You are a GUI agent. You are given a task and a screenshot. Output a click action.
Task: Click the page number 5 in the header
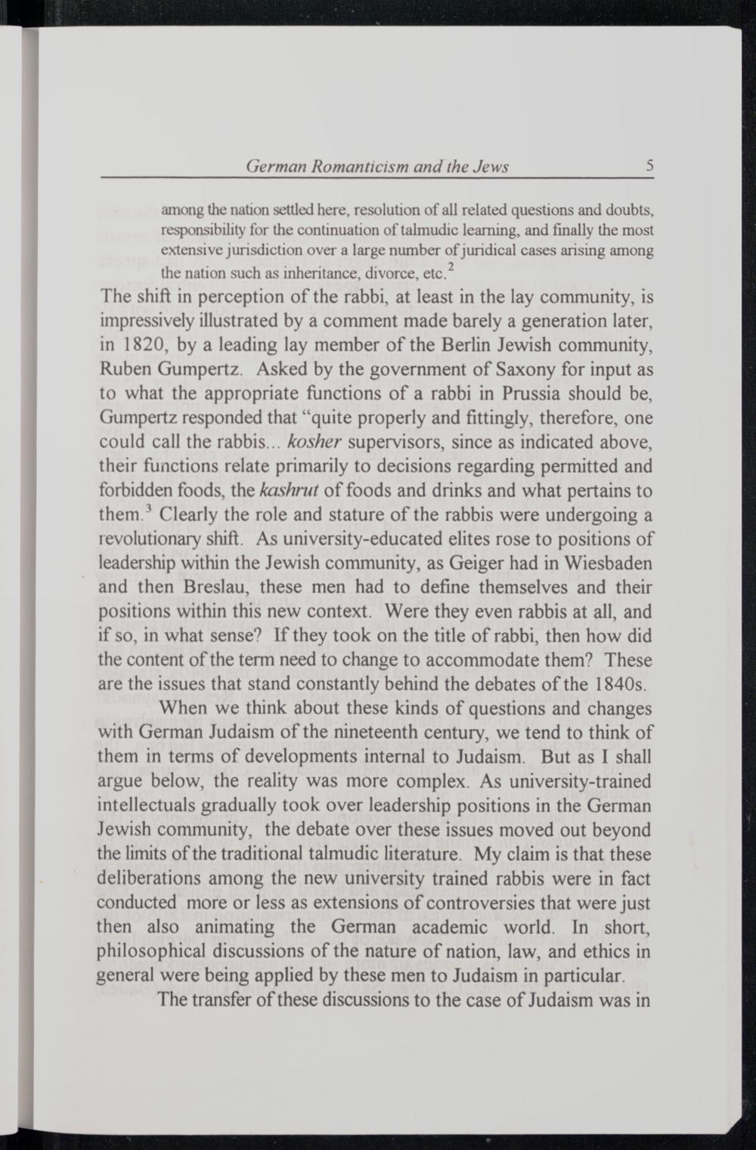tap(649, 166)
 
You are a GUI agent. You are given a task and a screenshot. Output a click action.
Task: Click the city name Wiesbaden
tap(602, 564)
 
